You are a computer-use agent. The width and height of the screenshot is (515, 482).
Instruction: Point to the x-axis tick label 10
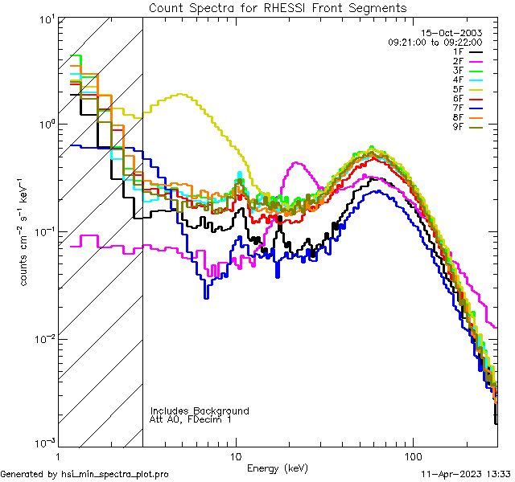tap(236, 455)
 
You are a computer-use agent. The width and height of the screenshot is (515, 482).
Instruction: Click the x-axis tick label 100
tap(413, 455)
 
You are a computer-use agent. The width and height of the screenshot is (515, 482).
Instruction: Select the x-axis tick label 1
tap(59, 455)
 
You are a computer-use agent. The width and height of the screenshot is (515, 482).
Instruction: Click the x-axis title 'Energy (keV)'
tap(277, 468)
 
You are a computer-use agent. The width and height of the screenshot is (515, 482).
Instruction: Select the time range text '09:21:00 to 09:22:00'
tap(435, 42)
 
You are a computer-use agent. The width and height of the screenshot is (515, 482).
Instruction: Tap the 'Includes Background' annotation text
tap(200, 411)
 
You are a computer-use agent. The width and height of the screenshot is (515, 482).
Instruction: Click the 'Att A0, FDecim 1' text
tap(191, 419)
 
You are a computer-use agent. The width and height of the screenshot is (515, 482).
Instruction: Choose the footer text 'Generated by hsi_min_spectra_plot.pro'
tap(84, 475)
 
